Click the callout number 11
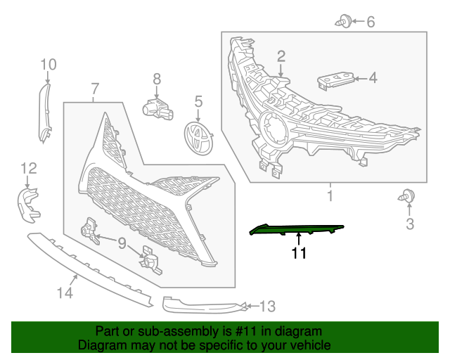tap(299, 253)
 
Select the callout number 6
tap(371, 22)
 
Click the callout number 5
tap(198, 103)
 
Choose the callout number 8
tap(157, 79)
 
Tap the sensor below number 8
tap(156, 107)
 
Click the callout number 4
tap(372, 78)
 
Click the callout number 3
tap(409, 224)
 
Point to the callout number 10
tap(48, 65)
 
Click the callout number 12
tap(28, 167)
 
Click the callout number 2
tap(281, 56)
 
